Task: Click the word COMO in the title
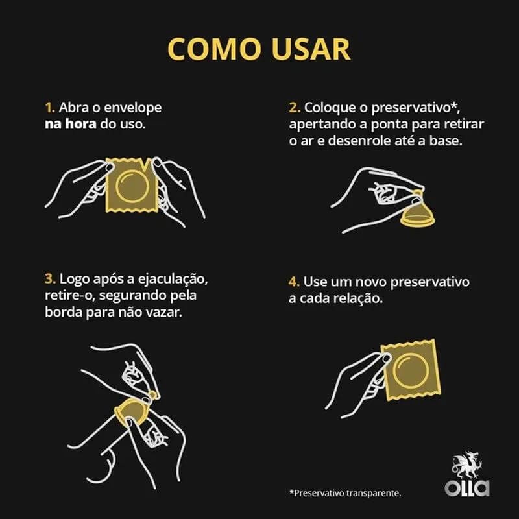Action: (214, 49)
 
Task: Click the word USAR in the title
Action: (311, 49)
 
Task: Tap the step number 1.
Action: (50, 108)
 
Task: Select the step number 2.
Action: (295, 108)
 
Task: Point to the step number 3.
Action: (50, 279)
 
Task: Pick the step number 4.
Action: (294, 282)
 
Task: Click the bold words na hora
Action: (71, 124)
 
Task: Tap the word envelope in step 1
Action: (133, 108)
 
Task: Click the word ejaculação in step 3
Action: (173, 280)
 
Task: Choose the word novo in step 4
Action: (370, 282)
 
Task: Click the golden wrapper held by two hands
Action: (132, 186)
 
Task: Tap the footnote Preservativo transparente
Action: (345, 493)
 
